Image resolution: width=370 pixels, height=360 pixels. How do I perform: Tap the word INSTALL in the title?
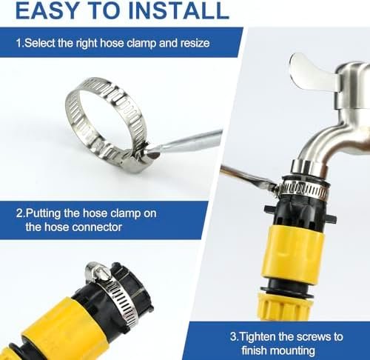click(179, 10)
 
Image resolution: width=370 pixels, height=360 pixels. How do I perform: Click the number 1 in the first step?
click(18, 43)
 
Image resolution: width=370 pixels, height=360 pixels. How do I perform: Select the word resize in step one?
click(195, 43)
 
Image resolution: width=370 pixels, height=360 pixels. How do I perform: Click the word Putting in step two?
click(43, 213)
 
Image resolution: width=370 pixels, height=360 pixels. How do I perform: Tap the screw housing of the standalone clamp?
click(139, 158)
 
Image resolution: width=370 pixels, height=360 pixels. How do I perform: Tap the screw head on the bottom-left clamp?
click(98, 273)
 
